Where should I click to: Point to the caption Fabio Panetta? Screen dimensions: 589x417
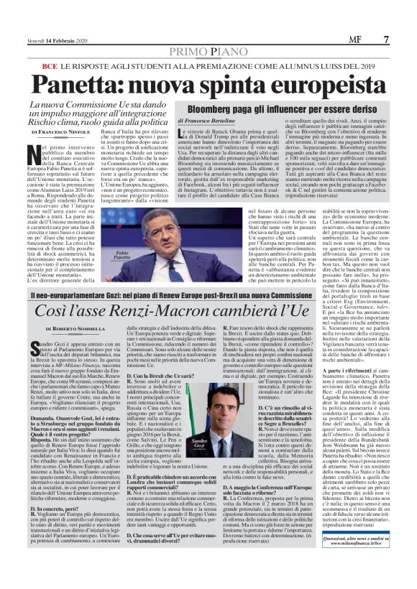(x=147, y=256)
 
